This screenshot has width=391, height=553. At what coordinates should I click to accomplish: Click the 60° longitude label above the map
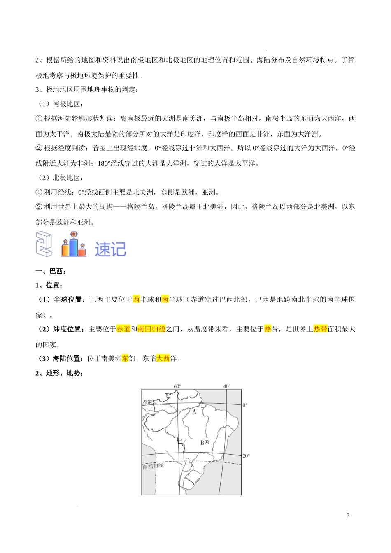[177, 386]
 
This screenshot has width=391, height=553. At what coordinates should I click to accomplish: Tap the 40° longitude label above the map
[227, 386]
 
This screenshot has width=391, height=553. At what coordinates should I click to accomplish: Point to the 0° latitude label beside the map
[245, 405]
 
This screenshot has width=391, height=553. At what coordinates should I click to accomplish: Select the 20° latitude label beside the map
[246, 456]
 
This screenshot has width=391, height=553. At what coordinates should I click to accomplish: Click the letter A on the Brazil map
[194, 411]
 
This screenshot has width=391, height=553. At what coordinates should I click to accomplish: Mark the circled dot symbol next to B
[207, 442]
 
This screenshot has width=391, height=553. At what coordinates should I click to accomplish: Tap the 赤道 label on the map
[147, 402]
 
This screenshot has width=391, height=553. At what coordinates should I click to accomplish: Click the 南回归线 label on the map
[153, 466]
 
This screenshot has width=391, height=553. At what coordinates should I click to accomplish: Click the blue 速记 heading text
[110, 249]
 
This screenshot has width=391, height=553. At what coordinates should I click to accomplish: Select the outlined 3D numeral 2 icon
[44, 244]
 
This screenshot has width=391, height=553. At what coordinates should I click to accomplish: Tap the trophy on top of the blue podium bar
[74, 235]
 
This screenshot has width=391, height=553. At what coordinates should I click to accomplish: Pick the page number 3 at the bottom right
[348, 515]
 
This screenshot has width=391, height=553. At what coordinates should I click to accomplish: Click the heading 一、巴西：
[51, 271]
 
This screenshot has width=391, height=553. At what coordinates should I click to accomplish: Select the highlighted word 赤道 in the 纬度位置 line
[123, 329]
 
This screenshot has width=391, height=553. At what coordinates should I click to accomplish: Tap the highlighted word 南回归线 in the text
[151, 329]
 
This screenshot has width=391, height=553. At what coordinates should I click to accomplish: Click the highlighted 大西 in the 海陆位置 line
[163, 358]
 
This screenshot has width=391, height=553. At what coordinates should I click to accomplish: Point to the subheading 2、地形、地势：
[60, 373]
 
